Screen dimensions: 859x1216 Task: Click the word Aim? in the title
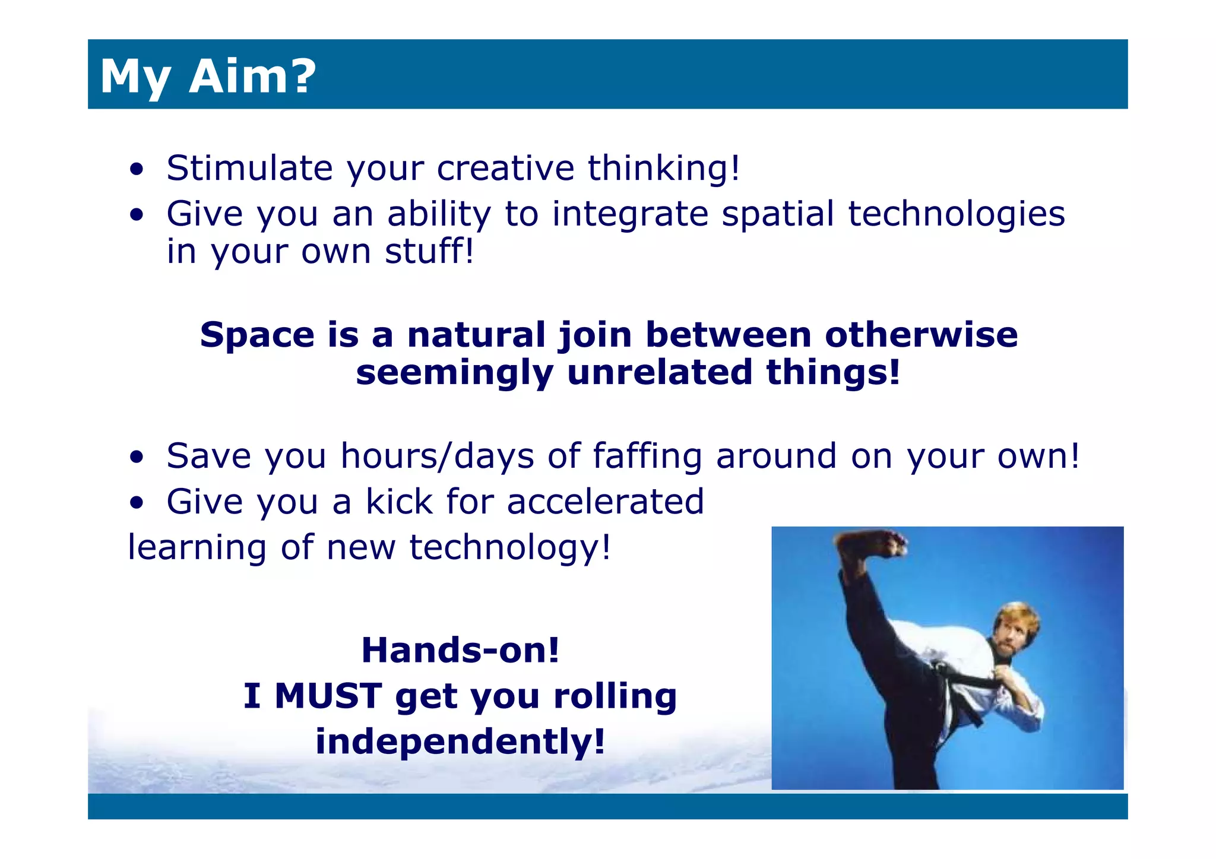252,76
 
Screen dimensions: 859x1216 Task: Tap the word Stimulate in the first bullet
249,168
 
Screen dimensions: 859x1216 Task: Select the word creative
505,168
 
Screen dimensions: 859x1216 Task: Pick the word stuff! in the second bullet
429,252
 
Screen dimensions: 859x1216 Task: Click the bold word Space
257,335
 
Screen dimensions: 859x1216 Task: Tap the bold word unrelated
660,373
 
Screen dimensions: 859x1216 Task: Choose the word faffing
647,457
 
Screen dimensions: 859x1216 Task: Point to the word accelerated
606,502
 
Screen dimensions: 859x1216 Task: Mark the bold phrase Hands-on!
461,650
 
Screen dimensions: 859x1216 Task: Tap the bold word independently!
461,741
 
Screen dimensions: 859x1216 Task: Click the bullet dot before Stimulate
137,169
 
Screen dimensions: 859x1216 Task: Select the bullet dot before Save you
137,457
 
